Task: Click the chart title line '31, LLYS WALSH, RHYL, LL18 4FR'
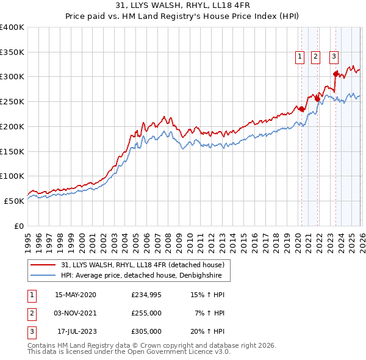coord(183,5)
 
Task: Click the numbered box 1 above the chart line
coord(301,57)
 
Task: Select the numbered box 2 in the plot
coord(315,57)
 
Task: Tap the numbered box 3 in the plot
coord(334,57)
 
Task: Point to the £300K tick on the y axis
coord(12,77)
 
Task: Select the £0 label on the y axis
coord(18,226)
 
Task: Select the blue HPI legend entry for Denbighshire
coord(145,276)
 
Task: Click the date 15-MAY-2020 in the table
coord(75,295)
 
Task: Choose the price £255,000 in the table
coord(146,313)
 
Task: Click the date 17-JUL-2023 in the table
coord(75,331)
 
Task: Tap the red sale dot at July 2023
coord(335,74)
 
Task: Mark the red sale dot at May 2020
coord(301,109)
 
